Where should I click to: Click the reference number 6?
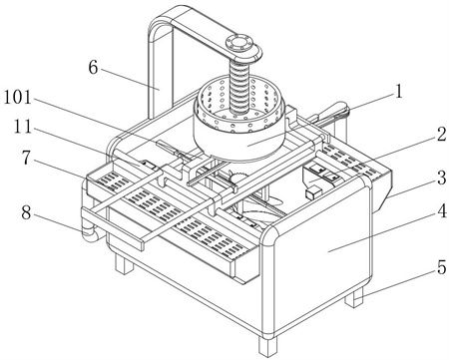[93, 68]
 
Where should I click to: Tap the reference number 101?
[17, 98]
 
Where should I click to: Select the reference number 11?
[23, 127]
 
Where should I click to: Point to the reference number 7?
[27, 158]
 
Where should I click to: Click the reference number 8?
[27, 212]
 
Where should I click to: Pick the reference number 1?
[398, 92]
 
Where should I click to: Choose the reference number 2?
[441, 135]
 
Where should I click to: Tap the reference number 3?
[441, 178]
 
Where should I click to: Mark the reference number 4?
[442, 210]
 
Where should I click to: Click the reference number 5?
[441, 267]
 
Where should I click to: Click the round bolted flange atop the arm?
[239, 45]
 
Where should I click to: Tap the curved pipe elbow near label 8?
[89, 232]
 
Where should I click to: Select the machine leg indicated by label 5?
[354, 297]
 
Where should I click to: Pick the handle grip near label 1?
[332, 112]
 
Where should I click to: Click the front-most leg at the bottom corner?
[267, 346]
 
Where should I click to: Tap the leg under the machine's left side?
[124, 264]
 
